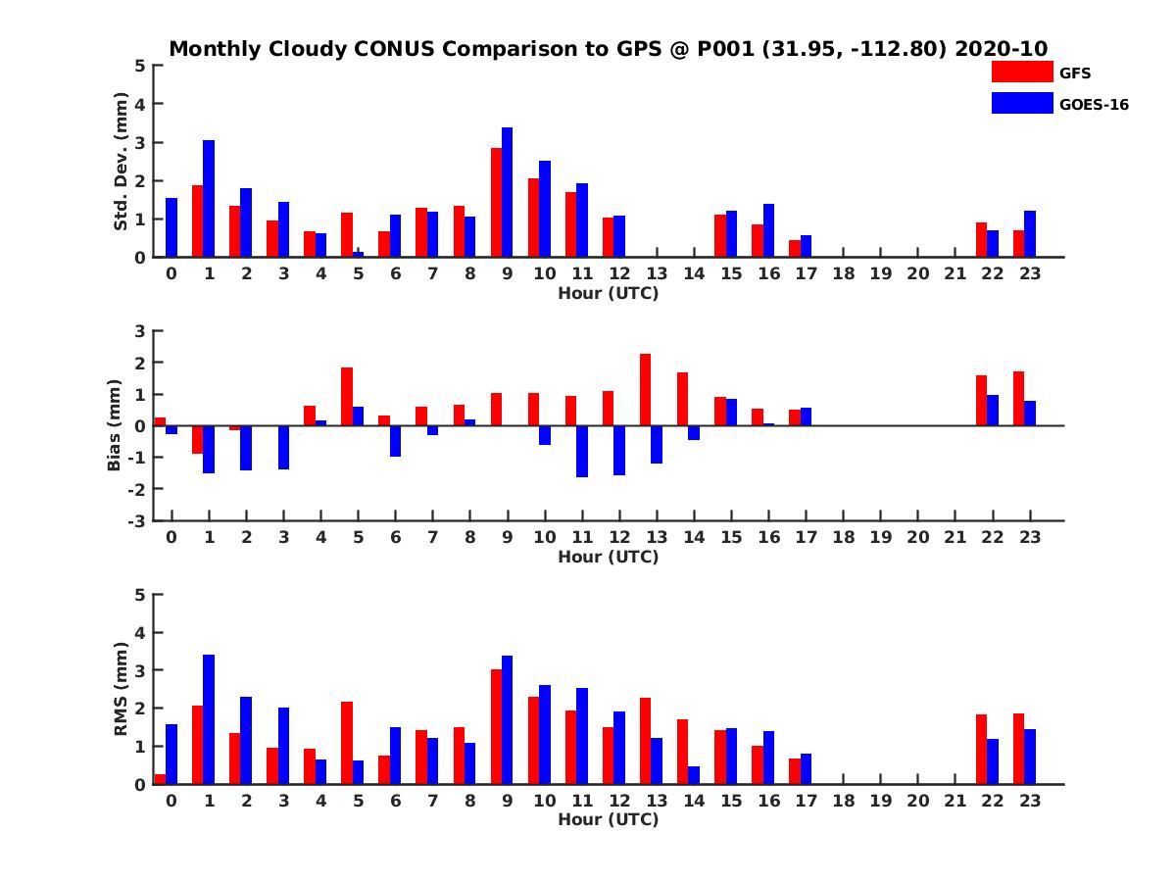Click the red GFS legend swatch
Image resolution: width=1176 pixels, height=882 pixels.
[x=1021, y=72]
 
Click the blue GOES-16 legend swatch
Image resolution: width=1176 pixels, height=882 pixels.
[x=1021, y=103]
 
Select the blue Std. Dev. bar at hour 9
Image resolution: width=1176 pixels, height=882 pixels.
[x=507, y=192]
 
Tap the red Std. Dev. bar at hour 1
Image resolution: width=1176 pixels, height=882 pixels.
[x=197, y=221]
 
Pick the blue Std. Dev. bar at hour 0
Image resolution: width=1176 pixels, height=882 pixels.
[x=171, y=227]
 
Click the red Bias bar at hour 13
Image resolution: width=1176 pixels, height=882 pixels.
[x=645, y=389]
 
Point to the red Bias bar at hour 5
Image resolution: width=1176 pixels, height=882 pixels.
[x=347, y=396]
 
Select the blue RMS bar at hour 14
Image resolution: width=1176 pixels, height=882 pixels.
[x=694, y=775]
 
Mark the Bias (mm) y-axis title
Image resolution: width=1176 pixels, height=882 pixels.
[x=115, y=425]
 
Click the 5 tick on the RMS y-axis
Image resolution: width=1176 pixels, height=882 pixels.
[x=141, y=595]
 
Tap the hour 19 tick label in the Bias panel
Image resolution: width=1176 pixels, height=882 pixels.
[x=880, y=537]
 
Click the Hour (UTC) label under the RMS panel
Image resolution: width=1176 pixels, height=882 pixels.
[x=608, y=819]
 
